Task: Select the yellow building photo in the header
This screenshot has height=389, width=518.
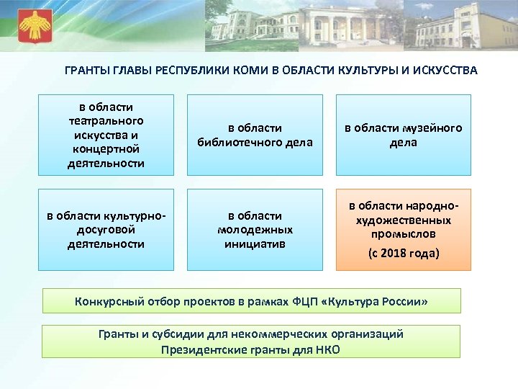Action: click(x=460, y=29)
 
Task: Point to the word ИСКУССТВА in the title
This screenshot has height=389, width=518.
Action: click(x=442, y=71)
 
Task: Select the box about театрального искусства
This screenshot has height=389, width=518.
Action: click(x=107, y=135)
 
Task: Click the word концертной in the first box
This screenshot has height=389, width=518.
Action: click(x=107, y=148)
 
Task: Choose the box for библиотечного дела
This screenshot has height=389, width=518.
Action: click(x=255, y=135)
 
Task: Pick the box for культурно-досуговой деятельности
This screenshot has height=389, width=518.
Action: click(x=107, y=230)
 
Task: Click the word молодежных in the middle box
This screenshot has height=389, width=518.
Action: click(x=255, y=230)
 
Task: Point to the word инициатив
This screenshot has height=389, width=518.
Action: click(x=255, y=243)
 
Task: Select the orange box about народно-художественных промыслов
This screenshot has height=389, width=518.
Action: click(x=404, y=230)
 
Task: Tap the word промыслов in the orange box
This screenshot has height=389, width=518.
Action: click(x=404, y=234)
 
